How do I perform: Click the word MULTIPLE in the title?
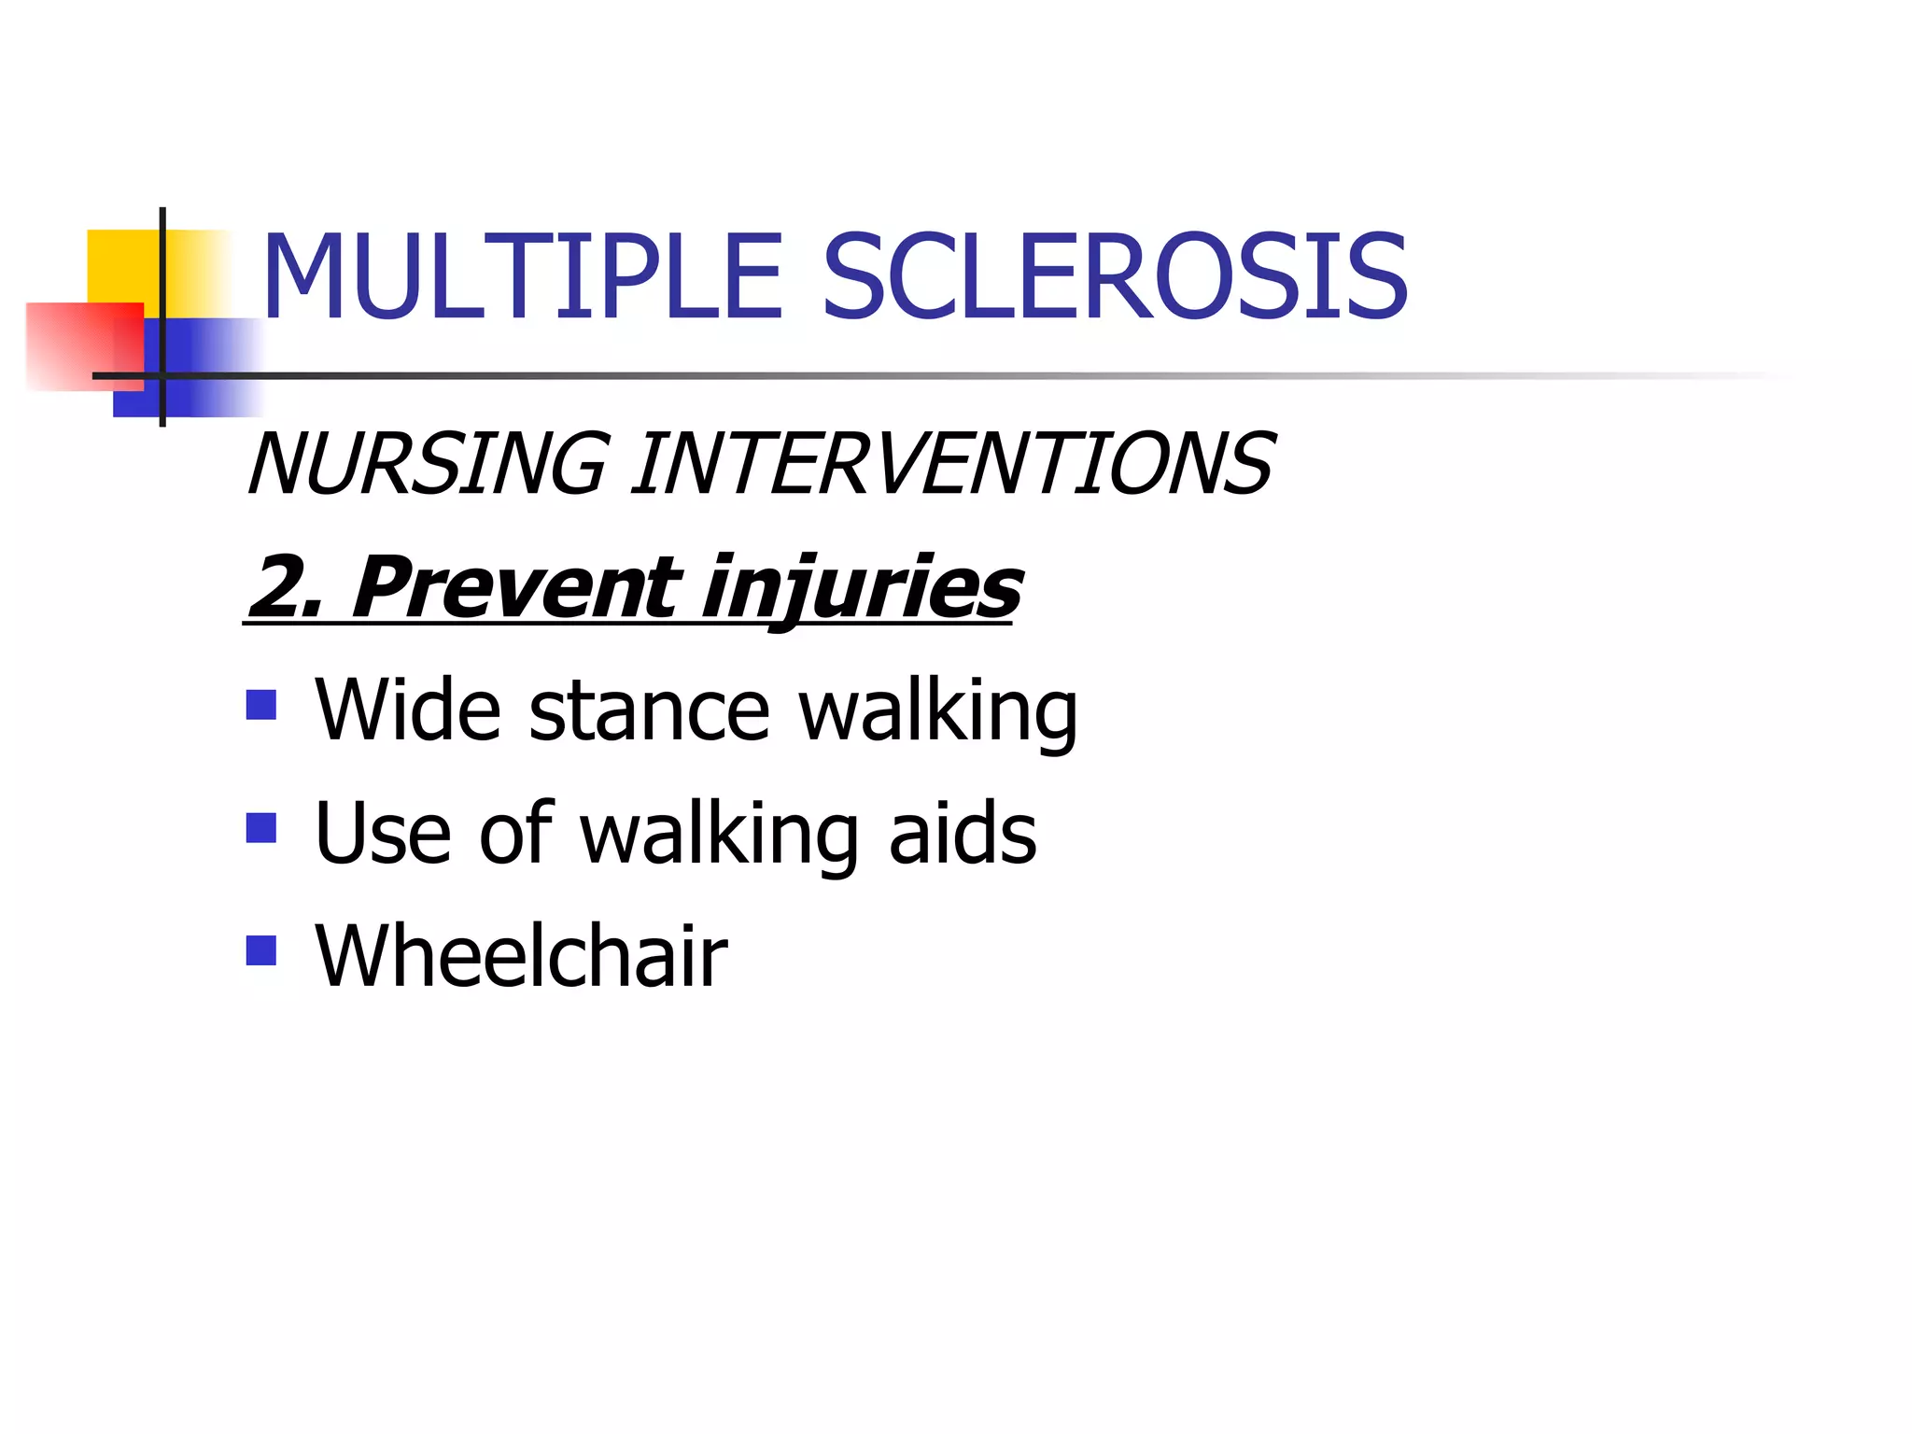coord(523,277)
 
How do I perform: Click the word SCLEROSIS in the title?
coord(1115,277)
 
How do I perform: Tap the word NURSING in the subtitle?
coord(428,464)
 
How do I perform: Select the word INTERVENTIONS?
coord(952,464)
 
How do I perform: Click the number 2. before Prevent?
coord(285,586)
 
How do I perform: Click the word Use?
coord(383,833)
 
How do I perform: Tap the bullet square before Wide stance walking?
coord(261,705)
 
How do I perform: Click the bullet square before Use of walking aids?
coord(261,828)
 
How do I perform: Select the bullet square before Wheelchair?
coord(261,950)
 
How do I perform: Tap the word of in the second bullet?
coord(515,833)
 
